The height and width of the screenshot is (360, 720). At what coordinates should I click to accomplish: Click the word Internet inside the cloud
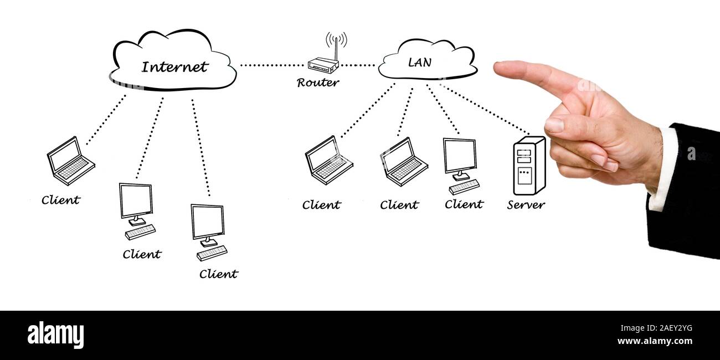pos(174,67)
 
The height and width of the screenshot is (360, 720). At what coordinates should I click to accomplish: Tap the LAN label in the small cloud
pos(419,63)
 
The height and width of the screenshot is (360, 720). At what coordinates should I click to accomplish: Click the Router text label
pos(318,83)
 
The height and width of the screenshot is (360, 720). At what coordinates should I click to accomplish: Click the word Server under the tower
pos(526,205)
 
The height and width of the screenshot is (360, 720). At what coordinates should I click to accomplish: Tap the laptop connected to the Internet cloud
pos(70,161)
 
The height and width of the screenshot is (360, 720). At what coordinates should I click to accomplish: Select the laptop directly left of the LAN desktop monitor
pos(403,162)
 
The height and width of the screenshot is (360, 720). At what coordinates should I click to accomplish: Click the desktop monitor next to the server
pos(460,157)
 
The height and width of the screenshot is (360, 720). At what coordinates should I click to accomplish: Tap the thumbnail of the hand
pos(554,125)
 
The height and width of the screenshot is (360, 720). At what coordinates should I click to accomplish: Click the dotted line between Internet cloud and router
pos(271,65)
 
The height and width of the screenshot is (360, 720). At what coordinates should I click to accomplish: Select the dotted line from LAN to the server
pos(485,109)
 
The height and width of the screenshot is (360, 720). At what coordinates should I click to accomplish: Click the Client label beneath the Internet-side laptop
pos(61,200)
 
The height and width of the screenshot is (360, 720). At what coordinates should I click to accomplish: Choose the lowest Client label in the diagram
pos(218,274)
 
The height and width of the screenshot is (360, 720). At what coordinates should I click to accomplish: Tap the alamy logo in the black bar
pos(55,335)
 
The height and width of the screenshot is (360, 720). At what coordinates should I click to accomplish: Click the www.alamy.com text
pos(654,341)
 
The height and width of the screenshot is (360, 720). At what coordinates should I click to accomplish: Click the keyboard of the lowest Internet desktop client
pos(212,253)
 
